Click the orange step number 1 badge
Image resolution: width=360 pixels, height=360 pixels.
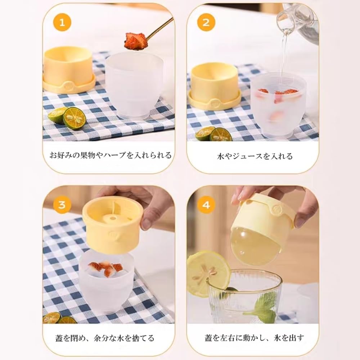pos(62,23)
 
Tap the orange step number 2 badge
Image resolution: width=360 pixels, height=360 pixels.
pos(206,23)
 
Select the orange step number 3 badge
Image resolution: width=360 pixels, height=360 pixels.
pos(62,205)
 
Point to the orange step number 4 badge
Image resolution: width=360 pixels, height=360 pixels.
pos(206,205)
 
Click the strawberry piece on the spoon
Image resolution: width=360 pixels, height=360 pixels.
pos(135,40)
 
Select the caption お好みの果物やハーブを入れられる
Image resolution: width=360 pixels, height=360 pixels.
pos(110,156)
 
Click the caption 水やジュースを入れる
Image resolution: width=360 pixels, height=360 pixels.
pos(255,156)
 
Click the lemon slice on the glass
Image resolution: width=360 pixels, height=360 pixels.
pos(208,272)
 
